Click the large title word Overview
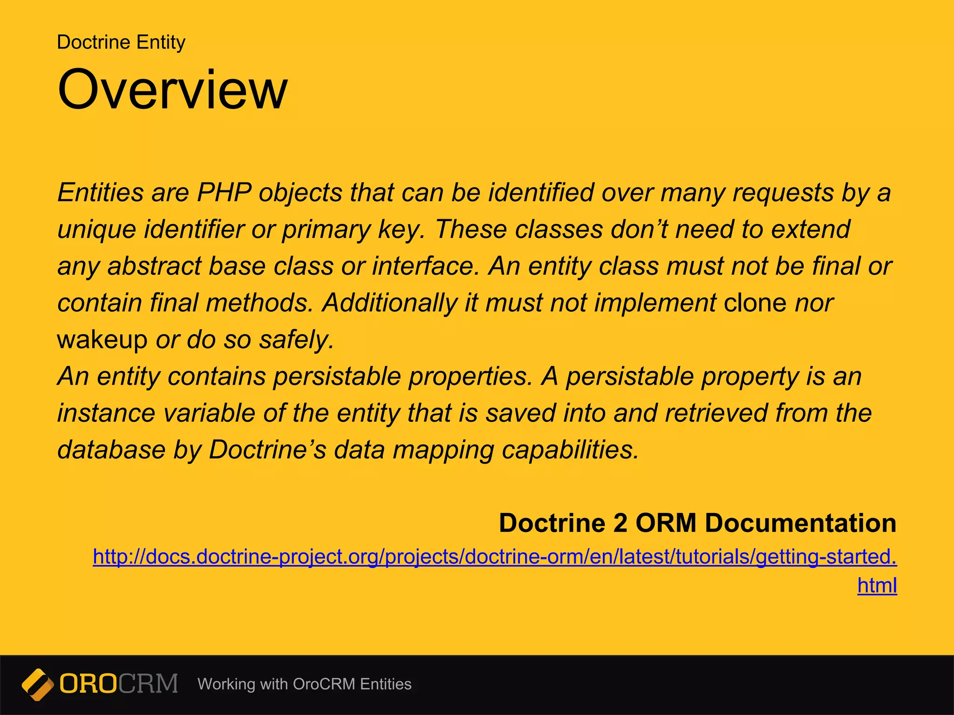pos(172,89)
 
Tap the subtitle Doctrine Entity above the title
pos(121,42)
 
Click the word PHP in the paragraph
pos(224,192)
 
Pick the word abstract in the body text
pos(153,266)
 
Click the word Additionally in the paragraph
pos(390,303)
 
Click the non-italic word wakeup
pos(102,339)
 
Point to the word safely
pos(297,339)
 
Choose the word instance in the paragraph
pos(106,413)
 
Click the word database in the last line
pos(111,450)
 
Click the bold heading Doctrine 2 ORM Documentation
pos(697,523)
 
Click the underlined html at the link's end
pos(877,586)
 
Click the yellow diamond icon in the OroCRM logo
pos(38,684)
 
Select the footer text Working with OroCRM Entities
pos(304,684)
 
